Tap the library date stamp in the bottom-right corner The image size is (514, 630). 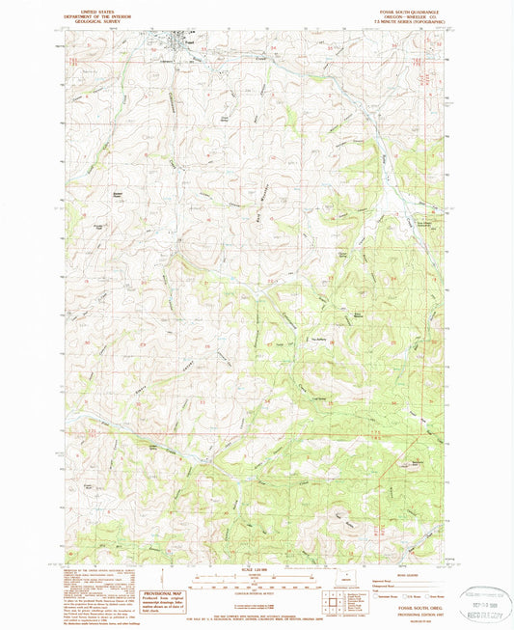click(485, 599)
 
